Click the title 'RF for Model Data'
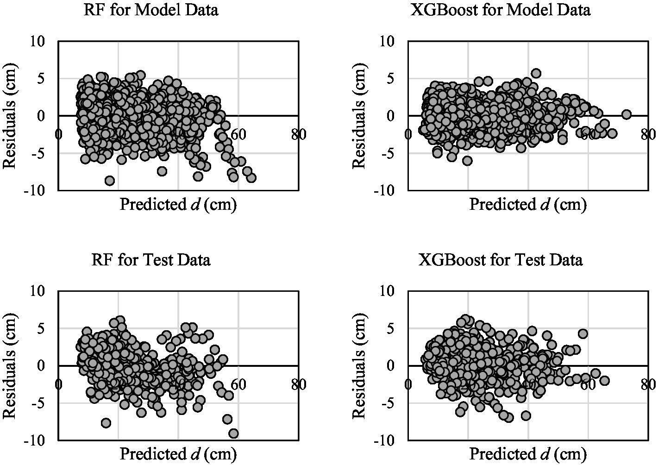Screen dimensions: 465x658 pyautogui.click(x=150, y=10)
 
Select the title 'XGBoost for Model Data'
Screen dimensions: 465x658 pyautogui.click(x=501, y=10)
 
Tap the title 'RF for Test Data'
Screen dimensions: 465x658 pyautogui.click(x=151, y=260)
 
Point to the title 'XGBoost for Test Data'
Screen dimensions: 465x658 pyautogui.click(x=501, y=260)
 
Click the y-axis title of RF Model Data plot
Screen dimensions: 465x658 pyautogui.click(x=10, y=115)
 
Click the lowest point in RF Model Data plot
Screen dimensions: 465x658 pyautogui.click(x=109, y=181)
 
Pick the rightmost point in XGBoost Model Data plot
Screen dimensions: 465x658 pyautogui.click(x=627, y=114)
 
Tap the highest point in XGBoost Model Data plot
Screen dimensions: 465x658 pyautogui.click(x=536, y=73)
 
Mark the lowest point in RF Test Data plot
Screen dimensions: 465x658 pyautogui.click(x=233, y=434)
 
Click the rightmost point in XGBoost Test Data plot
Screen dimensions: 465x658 pyautogui.click(x=604, y=381)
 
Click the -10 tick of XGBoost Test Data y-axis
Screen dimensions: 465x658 pyautogui.click(x=387, y=440)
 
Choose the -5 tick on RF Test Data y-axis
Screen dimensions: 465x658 pyautogui.click(x=42, y=403)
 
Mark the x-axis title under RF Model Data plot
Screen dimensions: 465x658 pyautogui.click(x=178, y=204)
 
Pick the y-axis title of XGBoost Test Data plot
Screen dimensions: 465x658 pyautogui.click(x=360, y=365)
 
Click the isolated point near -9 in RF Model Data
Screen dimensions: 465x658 pyautogui.click(x=109, y=181)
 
